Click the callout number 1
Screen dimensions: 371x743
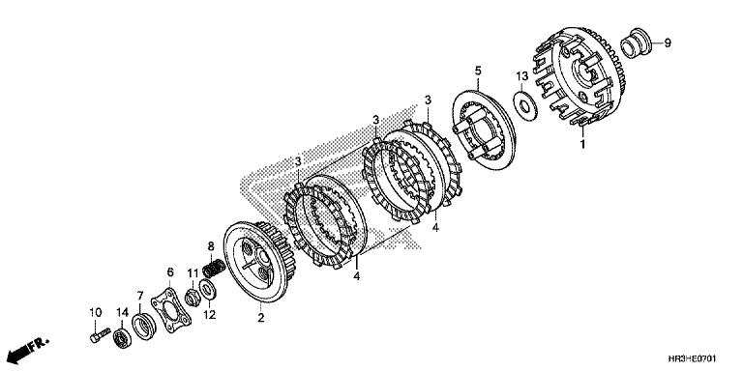tap(582, 143)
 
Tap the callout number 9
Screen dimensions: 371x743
tap(667, 43)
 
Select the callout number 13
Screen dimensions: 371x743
tap(520, 75)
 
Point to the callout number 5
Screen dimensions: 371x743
tap(477, 71)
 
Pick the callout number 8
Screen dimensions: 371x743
tap(211, 246)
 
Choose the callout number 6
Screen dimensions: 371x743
tap(170, 273)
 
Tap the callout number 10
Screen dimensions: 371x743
tap(96, 311)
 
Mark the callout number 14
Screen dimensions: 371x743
tap(122, 311)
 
